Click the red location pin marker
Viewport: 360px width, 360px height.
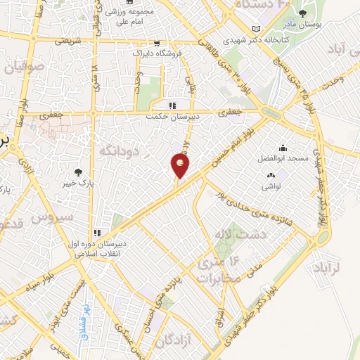point(180,166)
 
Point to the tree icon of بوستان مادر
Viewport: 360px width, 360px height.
point(303,14)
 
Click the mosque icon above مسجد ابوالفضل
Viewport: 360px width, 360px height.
point(283,148)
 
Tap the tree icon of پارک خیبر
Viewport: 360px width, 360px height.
point(78,172)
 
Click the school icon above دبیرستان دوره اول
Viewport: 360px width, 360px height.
point(97,233)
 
